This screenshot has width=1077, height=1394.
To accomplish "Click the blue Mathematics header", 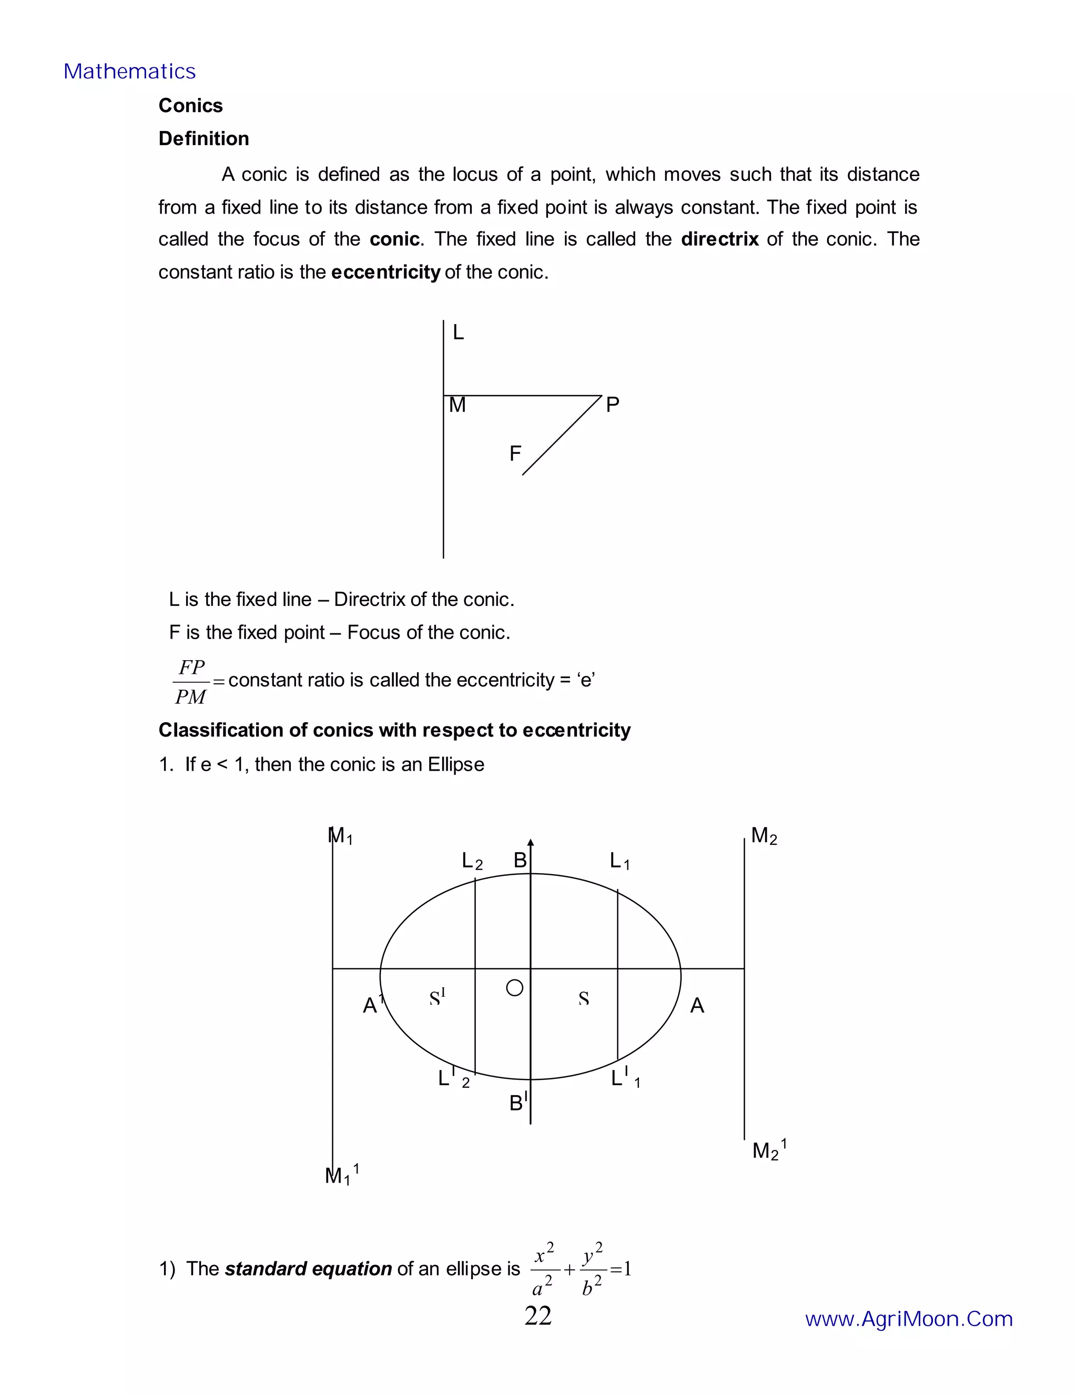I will [129, 72].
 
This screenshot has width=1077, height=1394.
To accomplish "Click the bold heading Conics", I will [190, 105].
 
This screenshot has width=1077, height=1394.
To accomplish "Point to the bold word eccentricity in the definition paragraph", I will [385, 272].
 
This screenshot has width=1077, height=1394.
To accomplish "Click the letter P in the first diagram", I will [612, 405].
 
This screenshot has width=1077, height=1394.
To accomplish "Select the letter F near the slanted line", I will [515, 454].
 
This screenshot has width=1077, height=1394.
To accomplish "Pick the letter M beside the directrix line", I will [458, 405].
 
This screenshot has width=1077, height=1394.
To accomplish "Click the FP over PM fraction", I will [191, 682].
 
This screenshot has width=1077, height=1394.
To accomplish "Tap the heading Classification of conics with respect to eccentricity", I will [394, 730].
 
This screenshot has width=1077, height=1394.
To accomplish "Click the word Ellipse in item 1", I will [455, 765].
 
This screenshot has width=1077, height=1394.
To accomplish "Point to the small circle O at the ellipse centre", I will [514, 988].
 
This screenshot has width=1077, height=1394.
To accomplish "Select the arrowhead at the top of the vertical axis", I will [530, 843].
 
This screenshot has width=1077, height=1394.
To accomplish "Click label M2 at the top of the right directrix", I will [763, 835].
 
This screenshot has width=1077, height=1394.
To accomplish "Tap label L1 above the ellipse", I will [619, 861].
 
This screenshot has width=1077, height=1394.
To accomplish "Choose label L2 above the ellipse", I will [472, 862].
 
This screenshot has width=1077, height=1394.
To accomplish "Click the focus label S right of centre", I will [583, 999].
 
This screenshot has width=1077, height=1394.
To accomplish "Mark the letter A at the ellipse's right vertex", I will [697, 1006].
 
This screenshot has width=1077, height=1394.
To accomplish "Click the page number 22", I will [538, 1317].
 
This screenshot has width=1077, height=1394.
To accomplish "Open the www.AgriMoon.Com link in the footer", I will [909, 1319].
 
